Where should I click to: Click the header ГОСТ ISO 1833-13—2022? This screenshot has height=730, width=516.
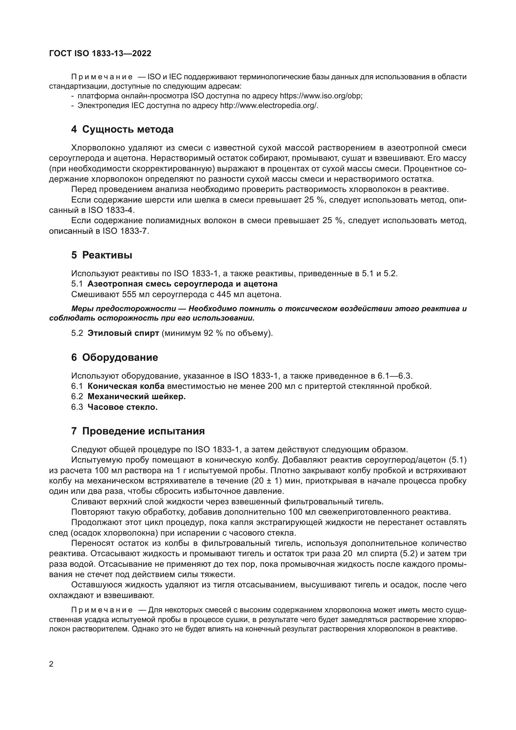pos(100,53)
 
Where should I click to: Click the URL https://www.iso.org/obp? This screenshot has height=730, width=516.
pos(321,96)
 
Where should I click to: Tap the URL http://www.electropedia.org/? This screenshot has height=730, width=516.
pos(269,105)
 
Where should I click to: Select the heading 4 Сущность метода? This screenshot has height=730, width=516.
pos(122,130)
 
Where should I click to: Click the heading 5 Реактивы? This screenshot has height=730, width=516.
pos(102,255)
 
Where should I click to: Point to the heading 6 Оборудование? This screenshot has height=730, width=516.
pos(114,357)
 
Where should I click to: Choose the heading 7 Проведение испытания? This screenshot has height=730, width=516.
pos(138,431)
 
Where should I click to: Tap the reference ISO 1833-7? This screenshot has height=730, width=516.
pos(125,231)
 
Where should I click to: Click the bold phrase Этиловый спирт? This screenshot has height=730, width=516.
pos(123,333)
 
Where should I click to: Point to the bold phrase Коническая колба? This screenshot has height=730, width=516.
pos(126,386)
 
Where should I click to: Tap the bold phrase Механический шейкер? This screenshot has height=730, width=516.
pos(136,396)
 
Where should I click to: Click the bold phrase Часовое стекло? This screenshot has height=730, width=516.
pos(122,407)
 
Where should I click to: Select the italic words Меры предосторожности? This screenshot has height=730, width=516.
pos(123,309)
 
